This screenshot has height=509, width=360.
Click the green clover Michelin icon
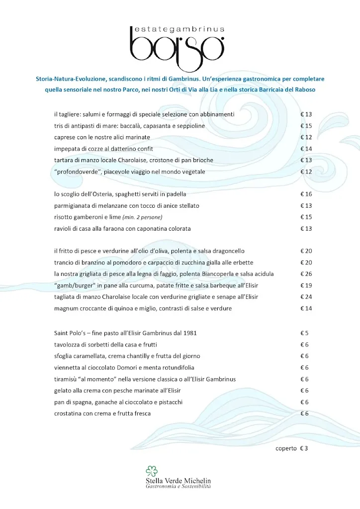tap(151, 471)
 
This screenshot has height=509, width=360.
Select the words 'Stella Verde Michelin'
tap(179, 481)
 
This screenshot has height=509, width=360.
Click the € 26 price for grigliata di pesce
tap(306, 274)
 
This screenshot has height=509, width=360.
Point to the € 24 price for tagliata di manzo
tap(306, 297)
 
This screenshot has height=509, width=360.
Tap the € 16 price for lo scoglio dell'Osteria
tap(306, 194)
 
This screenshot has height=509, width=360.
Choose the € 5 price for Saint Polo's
tap(304, 333)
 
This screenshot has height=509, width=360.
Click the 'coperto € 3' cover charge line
tap(292, 448)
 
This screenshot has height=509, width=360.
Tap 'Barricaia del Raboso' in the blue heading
tap(301, 89)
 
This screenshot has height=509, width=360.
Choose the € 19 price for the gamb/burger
tap(306, 285)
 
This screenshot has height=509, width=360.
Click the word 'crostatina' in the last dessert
tap(68, 413)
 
